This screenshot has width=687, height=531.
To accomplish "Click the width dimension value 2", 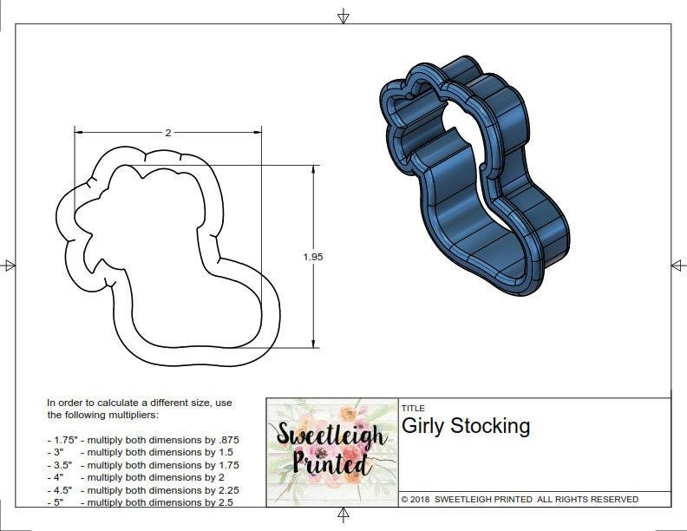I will click(167, 133).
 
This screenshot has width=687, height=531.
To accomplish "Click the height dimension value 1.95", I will click(313, 257).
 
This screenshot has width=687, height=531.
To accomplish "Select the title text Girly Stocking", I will click(465, 426).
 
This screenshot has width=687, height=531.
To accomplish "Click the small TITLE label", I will click(413, 408).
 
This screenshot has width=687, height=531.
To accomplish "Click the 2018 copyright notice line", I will click(520, 499).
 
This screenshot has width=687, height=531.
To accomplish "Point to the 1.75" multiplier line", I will click(143, 440).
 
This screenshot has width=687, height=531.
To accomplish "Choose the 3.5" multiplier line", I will click(143, 465).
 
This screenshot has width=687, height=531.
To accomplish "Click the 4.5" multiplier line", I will click(143, 489).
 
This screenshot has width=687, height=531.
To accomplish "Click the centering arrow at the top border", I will click(343, 16).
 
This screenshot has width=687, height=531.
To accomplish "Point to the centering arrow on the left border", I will click(10, 265).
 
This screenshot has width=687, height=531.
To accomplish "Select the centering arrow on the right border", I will click(677, 265).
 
